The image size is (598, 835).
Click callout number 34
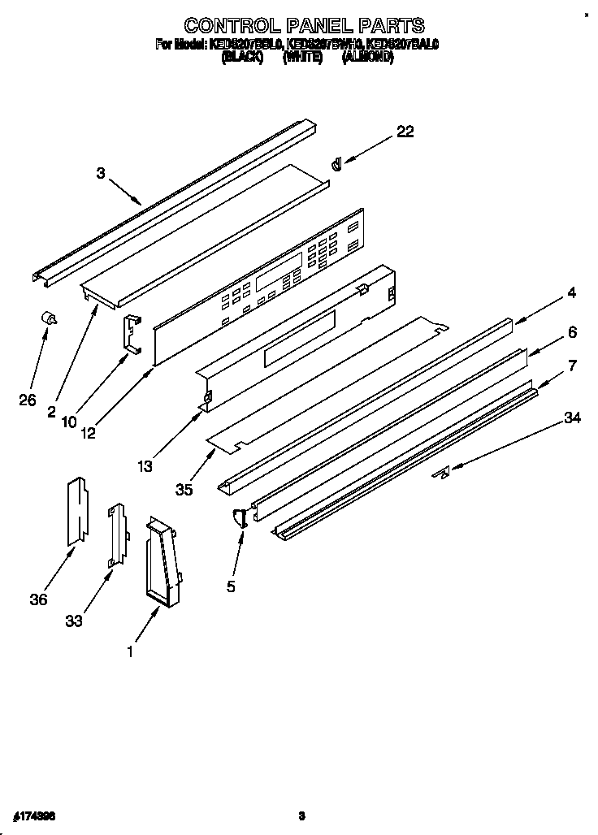click(572, 417)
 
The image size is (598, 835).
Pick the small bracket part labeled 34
click(441, 474)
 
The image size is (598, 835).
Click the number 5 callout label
click(231, 586)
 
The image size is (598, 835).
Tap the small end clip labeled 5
click(240, 517)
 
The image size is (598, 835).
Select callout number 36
click(37, 599)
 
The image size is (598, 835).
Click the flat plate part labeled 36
click(77, 509)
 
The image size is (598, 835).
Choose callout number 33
click(74, 621)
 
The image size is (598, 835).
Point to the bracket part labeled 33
click(118, 535)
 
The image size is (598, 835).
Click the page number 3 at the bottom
click(301, 816)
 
